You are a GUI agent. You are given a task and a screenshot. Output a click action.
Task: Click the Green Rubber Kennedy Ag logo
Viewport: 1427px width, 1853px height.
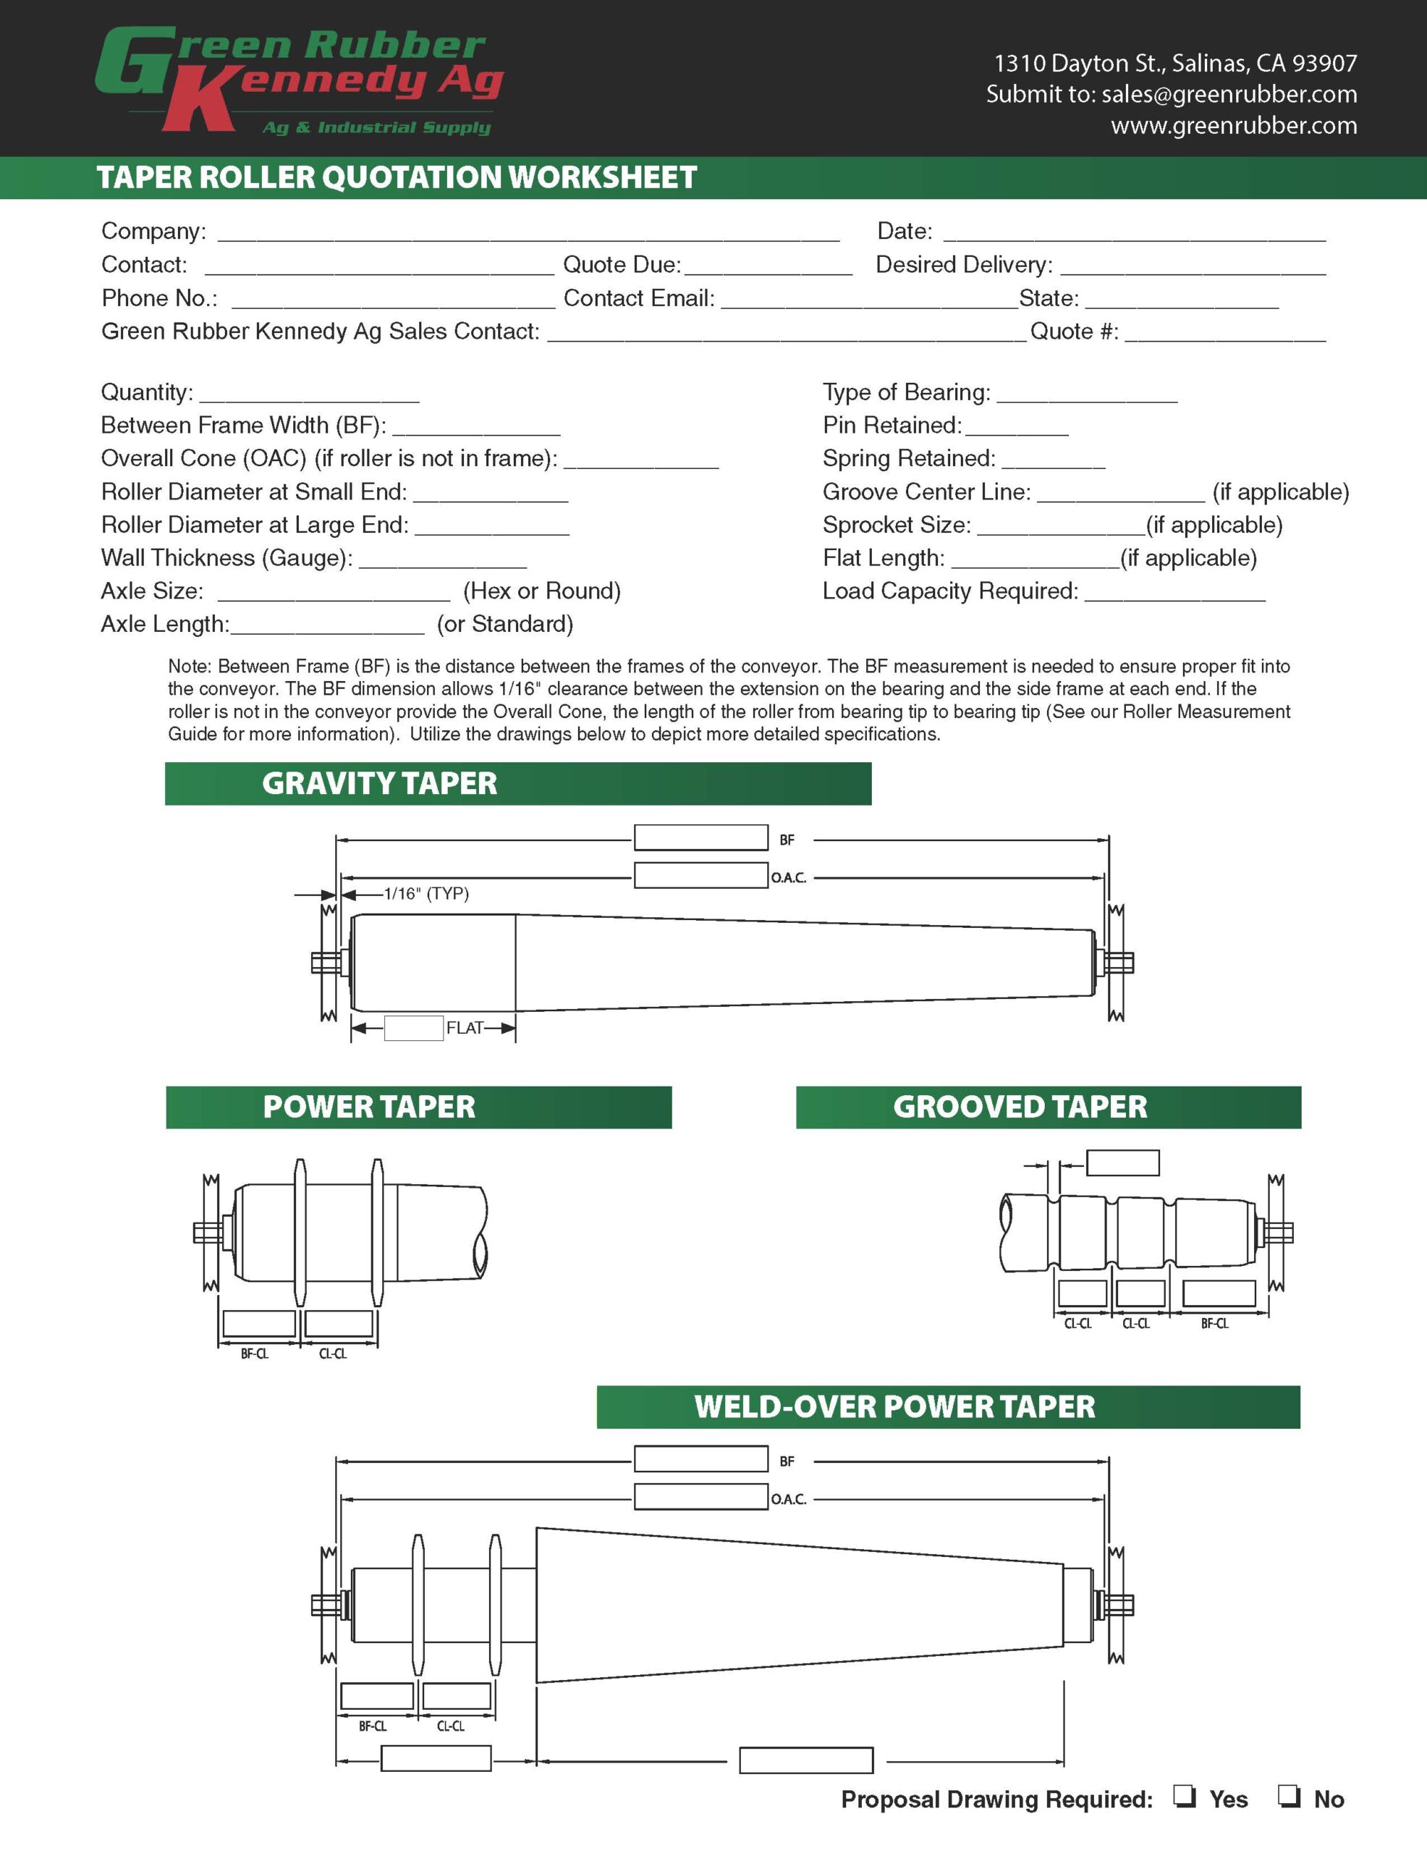(299, 80)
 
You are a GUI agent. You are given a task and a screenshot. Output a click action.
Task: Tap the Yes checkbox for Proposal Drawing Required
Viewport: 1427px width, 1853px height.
(1185, 1795)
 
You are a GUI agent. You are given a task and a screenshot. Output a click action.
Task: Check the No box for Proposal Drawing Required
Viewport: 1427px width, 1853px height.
(1289, 1795)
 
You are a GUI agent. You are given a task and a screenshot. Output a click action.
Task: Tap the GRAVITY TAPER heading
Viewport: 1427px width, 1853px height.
(379, 783)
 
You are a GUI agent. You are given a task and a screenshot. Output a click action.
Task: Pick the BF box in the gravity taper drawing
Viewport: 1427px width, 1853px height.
(700, 838)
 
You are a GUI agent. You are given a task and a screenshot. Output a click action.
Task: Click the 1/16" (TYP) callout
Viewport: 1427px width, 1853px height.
(426, 893)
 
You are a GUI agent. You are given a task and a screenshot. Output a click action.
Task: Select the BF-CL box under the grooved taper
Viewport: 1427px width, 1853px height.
(1219, 1293)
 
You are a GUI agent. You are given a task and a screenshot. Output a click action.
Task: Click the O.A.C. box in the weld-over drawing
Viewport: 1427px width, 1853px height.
(700, 1497)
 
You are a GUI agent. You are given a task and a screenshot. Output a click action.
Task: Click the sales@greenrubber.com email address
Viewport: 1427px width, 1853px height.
(1229, 94)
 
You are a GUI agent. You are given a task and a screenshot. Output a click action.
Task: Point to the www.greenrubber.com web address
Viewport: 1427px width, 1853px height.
(1234, 125)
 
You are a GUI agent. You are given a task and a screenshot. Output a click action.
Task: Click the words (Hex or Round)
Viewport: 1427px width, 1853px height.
(541, 591)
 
